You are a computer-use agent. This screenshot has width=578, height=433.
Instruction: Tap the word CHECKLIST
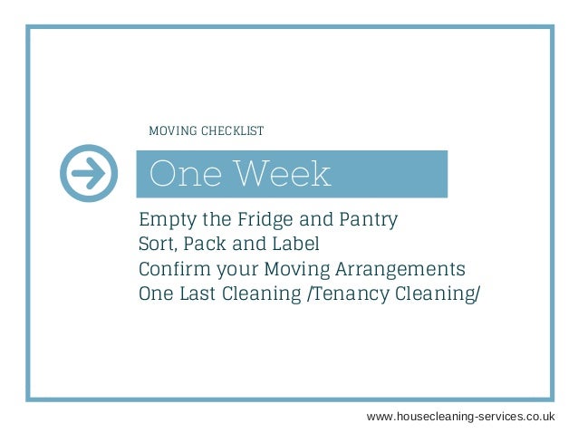click(x=232, y=131)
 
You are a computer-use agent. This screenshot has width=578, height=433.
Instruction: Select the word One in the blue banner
click(x=181, y=174)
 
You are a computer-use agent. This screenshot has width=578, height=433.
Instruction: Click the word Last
click(x=205, y=294)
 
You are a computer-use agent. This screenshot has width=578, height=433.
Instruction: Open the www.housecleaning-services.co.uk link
click(x=460, y=415)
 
